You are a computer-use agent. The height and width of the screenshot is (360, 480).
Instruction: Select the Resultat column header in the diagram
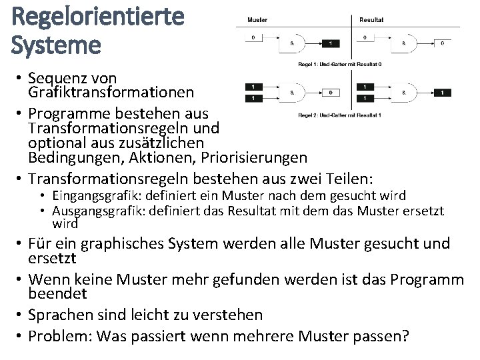coord(371,19)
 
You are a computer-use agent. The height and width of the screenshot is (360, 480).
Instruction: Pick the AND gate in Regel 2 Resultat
coord(406,92)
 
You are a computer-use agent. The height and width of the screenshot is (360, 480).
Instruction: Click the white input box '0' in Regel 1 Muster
coord(253,37)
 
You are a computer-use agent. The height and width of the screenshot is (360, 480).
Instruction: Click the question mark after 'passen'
coord(405,337)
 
